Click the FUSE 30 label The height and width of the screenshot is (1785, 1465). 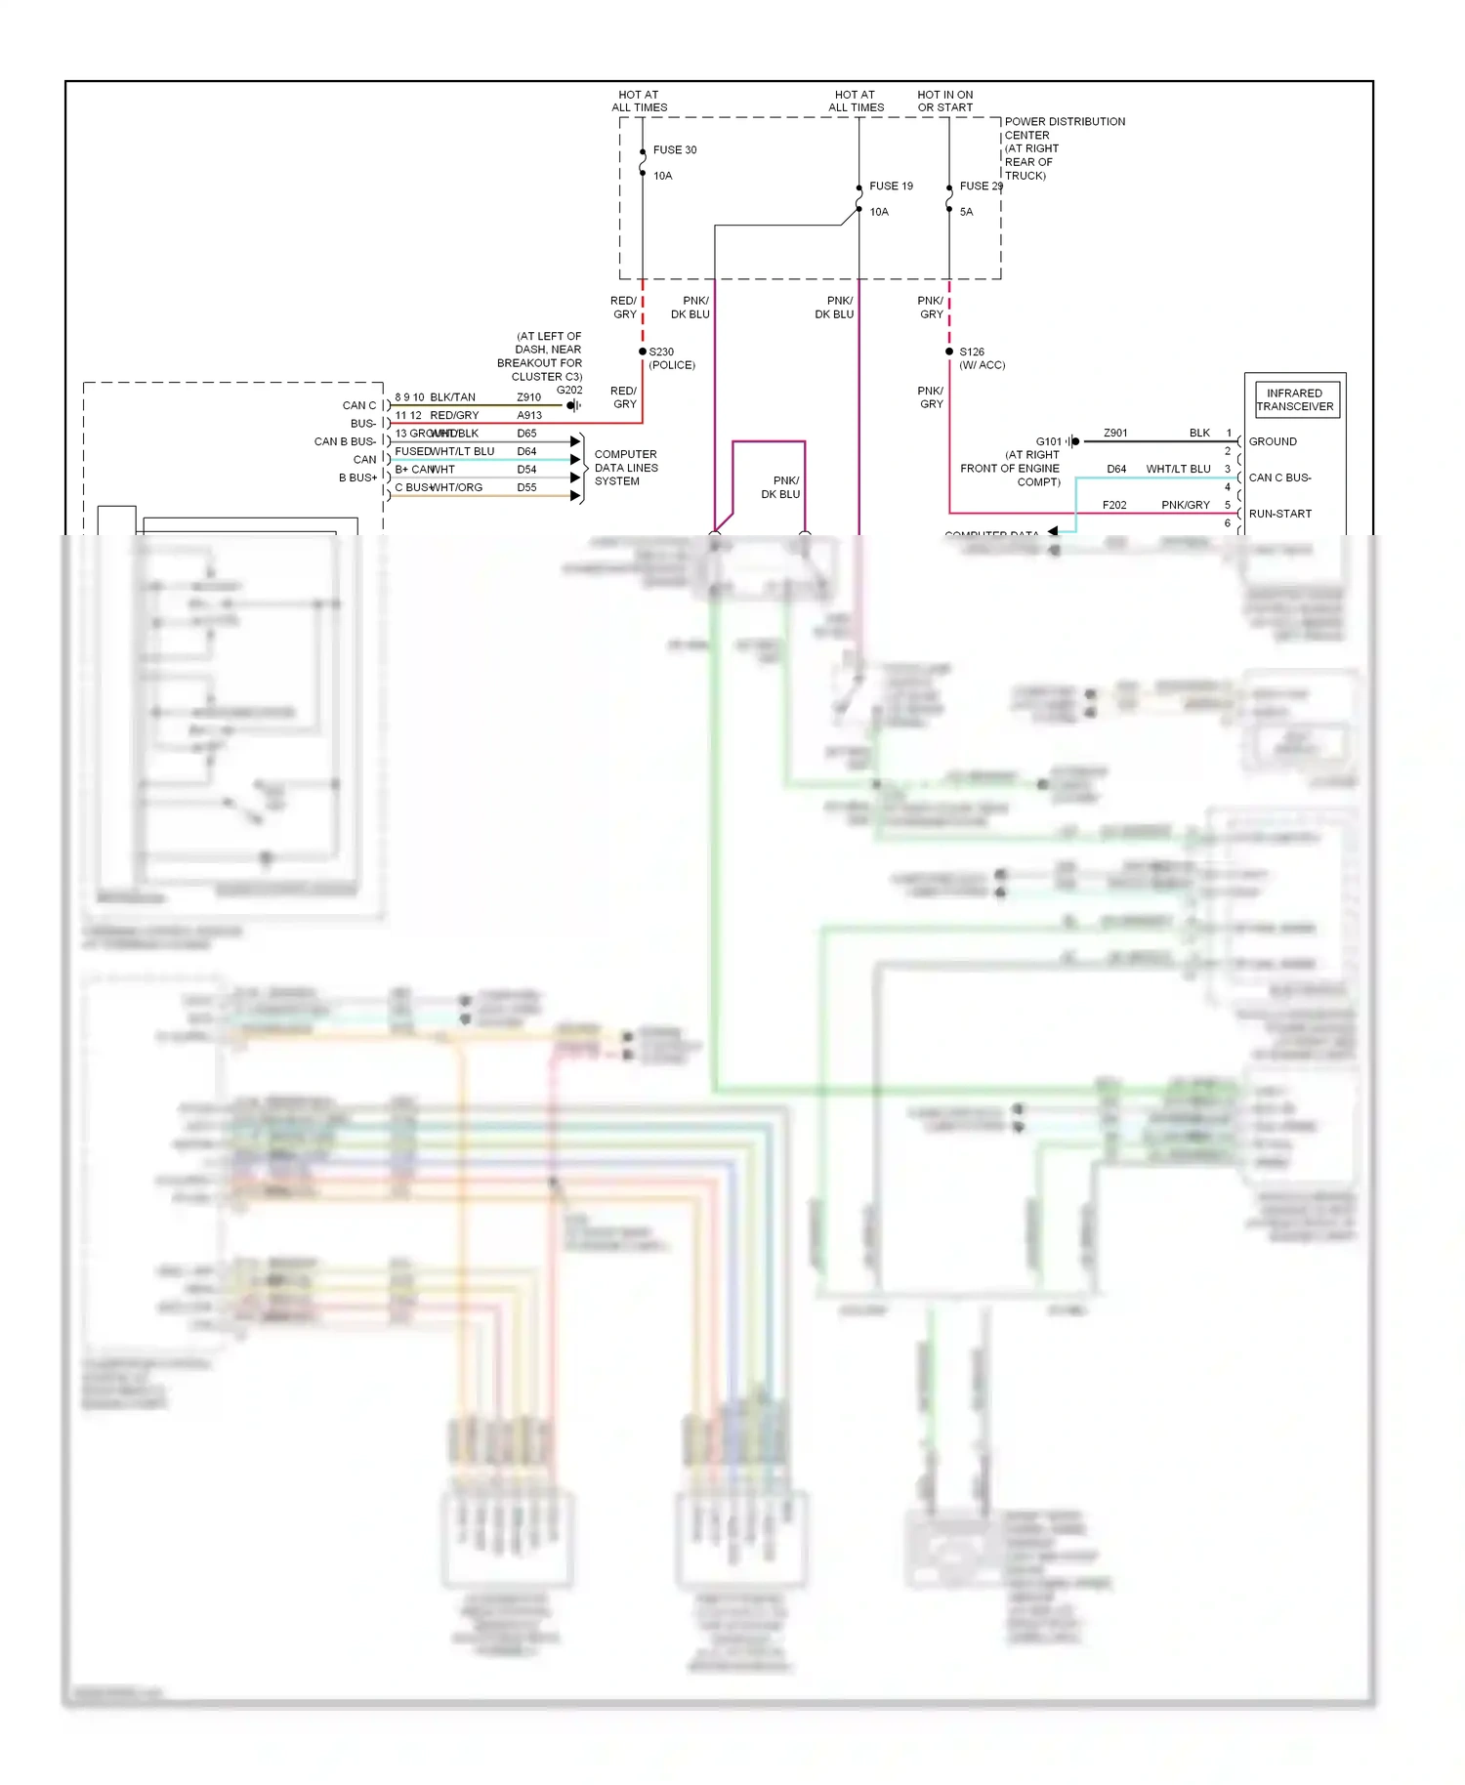coord(675,150)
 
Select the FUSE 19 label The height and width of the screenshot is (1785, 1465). coord(891,187)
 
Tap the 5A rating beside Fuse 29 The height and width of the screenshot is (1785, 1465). coord(966,212)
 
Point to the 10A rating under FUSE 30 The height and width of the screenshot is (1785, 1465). coord(663,177)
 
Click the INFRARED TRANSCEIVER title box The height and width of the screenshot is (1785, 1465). coord(1295,400)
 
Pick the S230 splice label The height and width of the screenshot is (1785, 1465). coord(661,353)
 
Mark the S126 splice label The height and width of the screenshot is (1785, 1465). coord(972,353)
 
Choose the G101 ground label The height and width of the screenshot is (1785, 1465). coord(1048,442)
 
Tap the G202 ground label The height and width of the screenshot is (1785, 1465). coord(569,391)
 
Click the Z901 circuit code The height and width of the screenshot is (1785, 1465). coord(1115,434)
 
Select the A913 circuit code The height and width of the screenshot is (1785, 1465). coord(529,416)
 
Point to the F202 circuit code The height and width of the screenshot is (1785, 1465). coord(1114,506)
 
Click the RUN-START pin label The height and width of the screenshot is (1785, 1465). coord(1279,515)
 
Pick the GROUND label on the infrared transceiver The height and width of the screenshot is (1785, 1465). coord(1273,442)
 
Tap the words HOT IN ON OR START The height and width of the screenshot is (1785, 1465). coord(944,102)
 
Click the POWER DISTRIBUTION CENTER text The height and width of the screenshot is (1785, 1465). coord(1065,129)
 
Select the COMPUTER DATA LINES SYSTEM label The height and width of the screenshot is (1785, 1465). coord(626,469)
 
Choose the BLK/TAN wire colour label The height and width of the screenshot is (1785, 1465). coord(453,398)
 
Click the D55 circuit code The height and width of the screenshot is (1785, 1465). coord(526,488)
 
